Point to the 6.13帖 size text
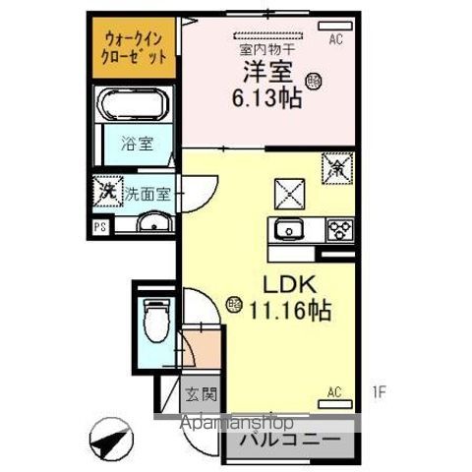265,97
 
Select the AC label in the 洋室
335,40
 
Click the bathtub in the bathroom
136,105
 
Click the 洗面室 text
147,194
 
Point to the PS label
99,227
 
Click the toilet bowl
154,317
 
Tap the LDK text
286,284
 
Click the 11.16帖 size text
288,312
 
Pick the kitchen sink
289,231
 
